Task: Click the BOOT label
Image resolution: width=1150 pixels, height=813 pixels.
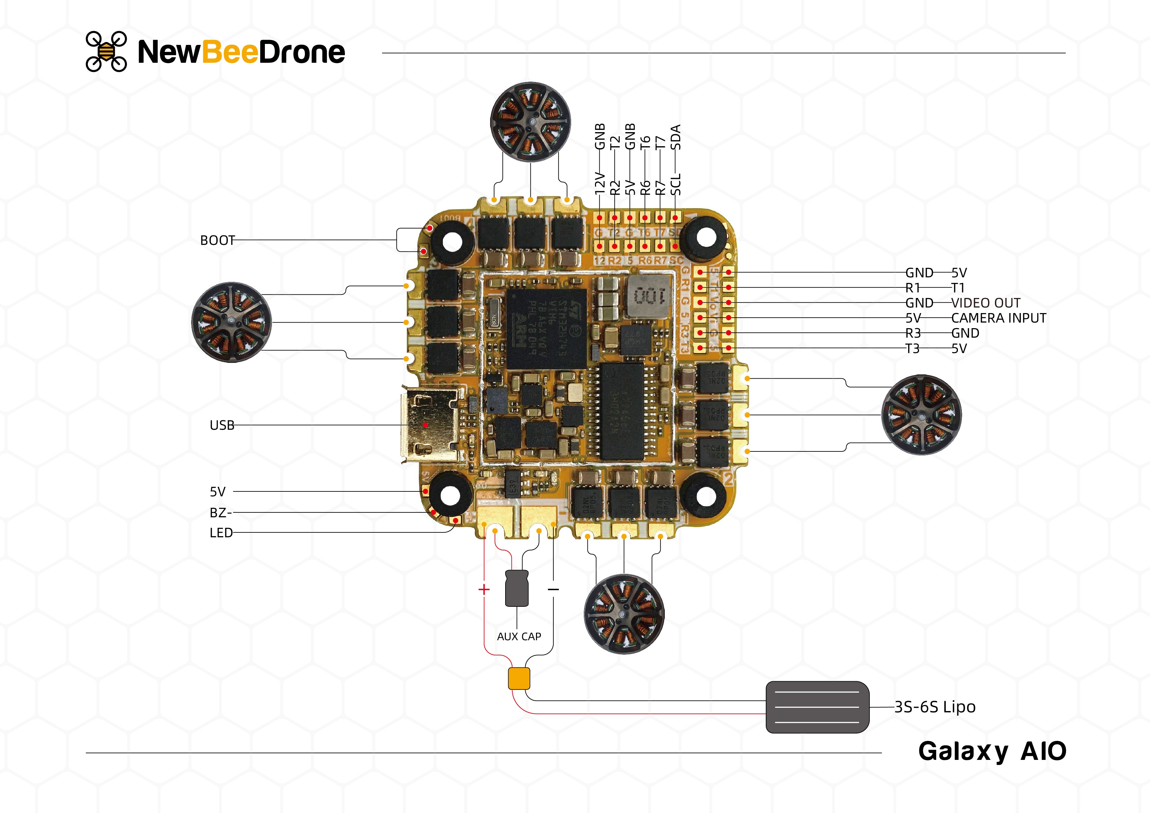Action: [x=217, y=240]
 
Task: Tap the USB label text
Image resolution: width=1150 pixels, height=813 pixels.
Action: [x=222, y=425]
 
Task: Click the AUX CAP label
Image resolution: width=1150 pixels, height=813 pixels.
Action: [x=519, y=637]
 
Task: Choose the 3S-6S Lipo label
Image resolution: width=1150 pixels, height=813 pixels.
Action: [x=935, y=707]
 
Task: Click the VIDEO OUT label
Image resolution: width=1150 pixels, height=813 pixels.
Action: [x=985, y=303]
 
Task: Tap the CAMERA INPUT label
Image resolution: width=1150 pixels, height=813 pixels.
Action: [x=998, y=318]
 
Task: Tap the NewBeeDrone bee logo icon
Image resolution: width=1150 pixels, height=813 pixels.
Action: [x=106, y=51]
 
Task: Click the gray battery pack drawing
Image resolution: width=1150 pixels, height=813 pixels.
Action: [x=817, y=707]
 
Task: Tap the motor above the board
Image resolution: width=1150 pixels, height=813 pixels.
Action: [x=530, y=122]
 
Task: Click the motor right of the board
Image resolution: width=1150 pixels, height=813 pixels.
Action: [x=921, y=415]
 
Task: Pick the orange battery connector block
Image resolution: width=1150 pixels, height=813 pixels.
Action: [x=519, y=678]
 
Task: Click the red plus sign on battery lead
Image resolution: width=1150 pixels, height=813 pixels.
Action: [x=484, y=589]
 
